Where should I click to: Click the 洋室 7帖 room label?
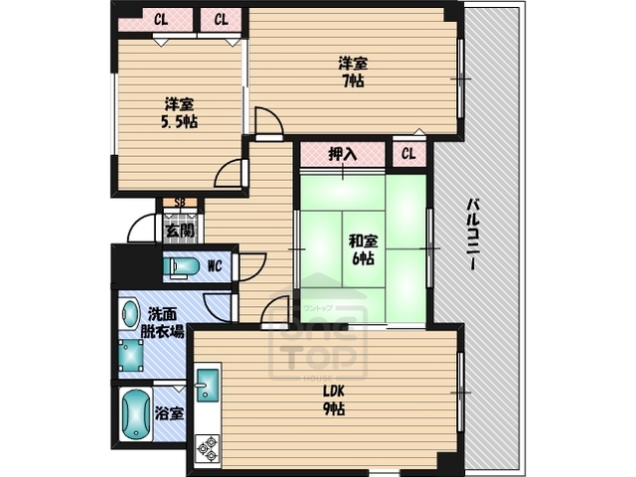[351, 72]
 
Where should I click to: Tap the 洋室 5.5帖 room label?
[179, 112]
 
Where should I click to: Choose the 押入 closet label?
[342, 155]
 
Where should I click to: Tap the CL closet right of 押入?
[408, 154]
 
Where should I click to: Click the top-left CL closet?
[159, 20]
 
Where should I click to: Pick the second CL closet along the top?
[222, 20]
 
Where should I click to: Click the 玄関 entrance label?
[180, 231]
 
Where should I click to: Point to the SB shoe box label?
[180, 203]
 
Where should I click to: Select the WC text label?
[215, 266]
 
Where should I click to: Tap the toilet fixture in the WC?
[184, 267]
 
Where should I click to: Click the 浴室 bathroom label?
[170, 413]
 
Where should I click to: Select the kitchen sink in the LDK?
[207, 384]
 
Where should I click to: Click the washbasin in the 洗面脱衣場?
[129, 316]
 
